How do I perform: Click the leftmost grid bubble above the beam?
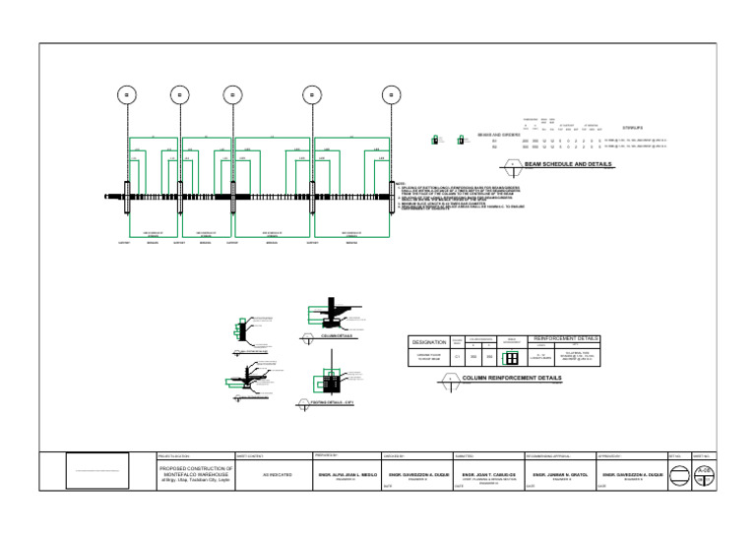(125, 94)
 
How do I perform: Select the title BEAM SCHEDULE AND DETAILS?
(569, 165)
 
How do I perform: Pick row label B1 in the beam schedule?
(494, 142)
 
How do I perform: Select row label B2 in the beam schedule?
(494, 148)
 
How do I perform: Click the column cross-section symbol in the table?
(512, 357)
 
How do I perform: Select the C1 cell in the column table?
(457, 357)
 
